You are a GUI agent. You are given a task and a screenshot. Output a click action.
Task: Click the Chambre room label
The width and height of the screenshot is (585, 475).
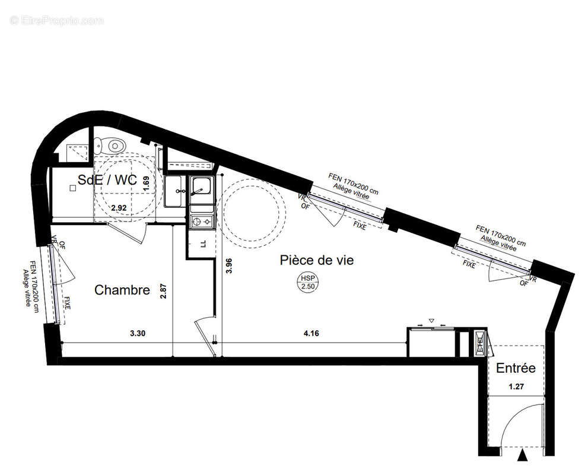(x=122, y=290)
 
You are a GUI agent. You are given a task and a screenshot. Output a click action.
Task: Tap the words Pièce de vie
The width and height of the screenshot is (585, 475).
(x=317, y=260)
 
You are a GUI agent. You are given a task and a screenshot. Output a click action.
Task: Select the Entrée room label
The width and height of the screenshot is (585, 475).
(x=516, y=368)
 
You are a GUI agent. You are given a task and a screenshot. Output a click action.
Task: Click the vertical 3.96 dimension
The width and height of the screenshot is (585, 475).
(x=230, y=265)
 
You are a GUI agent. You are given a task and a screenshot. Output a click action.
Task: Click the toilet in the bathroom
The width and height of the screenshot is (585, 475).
(x=112, y=144)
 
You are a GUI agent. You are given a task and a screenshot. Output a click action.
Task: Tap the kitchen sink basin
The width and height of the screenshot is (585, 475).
(x=201, y=189)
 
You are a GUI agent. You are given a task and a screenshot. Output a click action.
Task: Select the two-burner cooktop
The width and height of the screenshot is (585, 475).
(x=201, y=222)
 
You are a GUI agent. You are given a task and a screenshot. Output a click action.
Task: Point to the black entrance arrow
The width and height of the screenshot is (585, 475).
(x=522, y=455)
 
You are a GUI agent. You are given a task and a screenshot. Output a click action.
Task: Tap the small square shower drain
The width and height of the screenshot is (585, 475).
(x=72, y=188)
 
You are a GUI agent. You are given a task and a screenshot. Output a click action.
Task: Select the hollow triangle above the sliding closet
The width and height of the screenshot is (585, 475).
(x=432, y=321)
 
